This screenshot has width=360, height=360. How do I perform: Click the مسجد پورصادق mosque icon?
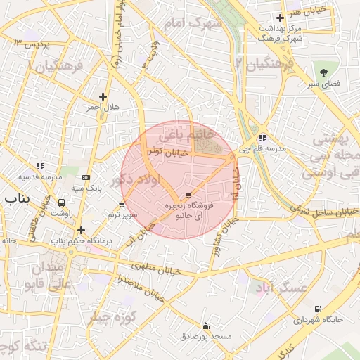pyautogui.click(x=205, y=326)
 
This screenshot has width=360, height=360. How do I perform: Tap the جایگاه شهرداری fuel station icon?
pyautogui.click(x=318, y=309)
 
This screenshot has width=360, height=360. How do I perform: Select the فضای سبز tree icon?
pyautogui.click(x=323, y=72)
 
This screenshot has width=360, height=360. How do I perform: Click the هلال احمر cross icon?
pyautogui.click(x=103, y=96)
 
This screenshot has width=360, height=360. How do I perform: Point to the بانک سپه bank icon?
pyautogui.click(x=86, y=178)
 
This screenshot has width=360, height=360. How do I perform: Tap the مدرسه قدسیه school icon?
pyautogui.click(x=40, y=166)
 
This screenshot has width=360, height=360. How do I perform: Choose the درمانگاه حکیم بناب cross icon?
pyautogui.click(x=82, y=230)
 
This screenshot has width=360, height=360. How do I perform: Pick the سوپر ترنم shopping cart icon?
pyautogui.click(x=122, y=205)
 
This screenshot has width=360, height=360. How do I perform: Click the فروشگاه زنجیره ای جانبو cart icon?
pyautogui.click(x=188, y=195)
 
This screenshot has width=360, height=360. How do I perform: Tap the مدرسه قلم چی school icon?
pyautogui.click(x=262, y=138)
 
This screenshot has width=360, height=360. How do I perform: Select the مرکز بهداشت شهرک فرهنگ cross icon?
pyautogui.click(x=281, y=18)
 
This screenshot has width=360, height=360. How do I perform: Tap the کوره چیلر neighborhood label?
pyautogui.click(x=112, y=316)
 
